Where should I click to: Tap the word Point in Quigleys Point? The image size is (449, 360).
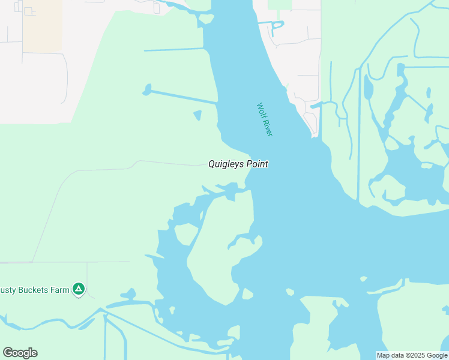(x=256, y=164)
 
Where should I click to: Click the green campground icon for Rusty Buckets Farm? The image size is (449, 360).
(x=78, y=289)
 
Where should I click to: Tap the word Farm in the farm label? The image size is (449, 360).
(x=60, y=290)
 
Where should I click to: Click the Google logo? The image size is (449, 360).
(x=20, y=353)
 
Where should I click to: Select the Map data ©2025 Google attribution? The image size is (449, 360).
(x=412, y=355)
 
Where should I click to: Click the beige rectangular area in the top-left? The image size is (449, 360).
(x=42, y=25)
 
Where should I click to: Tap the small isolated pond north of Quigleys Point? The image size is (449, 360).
(x=197, y=115)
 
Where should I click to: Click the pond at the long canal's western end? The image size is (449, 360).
(x=146, y=91)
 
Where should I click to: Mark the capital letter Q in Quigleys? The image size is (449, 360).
(x=212, y=164)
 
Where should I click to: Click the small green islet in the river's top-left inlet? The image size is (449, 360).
(x=206, y=18)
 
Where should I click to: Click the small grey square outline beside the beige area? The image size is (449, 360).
(x=28, y=11)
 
